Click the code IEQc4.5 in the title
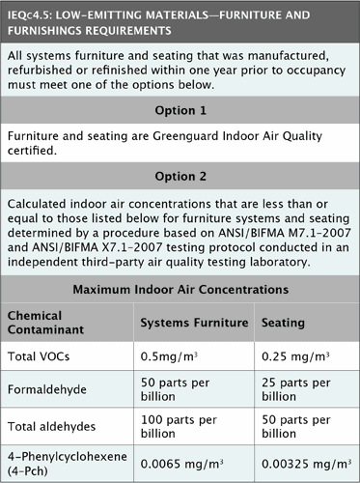31,14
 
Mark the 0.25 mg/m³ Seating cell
292,357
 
